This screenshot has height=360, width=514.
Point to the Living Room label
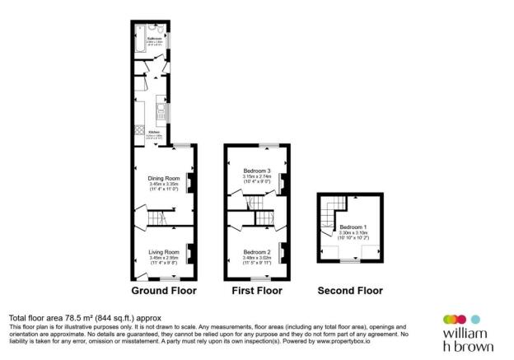coord(164,251)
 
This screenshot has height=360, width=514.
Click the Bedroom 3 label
coord(258,171)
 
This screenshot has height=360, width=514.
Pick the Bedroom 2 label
coord(258,251)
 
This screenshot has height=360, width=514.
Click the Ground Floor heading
coord(164,291)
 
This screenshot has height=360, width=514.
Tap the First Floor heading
coord(256,291)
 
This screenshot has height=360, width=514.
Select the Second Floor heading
coord(351,291)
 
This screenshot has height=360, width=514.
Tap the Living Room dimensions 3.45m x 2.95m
coord(164,259)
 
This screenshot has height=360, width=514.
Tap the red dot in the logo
coord(450,319)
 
